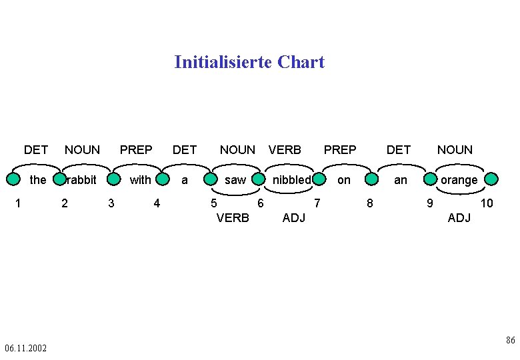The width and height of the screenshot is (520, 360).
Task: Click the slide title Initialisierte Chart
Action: (249, 62)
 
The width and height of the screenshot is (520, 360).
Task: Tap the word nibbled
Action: (291, 180)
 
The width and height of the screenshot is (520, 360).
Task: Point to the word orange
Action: (459, 180)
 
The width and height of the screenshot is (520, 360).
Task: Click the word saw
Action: (235, 180)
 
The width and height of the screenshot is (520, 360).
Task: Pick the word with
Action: (140, 180)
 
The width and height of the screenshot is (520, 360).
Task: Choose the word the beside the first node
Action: (39, 180)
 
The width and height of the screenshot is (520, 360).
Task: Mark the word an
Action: (400, 180)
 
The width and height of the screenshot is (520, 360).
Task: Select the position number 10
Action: (487, 203)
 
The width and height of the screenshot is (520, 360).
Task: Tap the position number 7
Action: (317, 203)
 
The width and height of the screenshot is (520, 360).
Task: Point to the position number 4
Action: (157, 203)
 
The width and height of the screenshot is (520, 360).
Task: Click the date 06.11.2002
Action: (25, 348)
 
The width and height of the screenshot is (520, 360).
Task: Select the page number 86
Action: (510, 341)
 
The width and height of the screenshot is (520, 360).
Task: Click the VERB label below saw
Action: (233, 218)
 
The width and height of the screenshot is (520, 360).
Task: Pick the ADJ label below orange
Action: (459, 218)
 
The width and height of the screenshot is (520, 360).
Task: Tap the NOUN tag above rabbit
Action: (82, 150)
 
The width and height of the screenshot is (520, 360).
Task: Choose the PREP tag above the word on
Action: (340, 150)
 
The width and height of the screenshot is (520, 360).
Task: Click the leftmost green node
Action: (13, 179)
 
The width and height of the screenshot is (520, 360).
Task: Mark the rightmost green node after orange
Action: (491, 179)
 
